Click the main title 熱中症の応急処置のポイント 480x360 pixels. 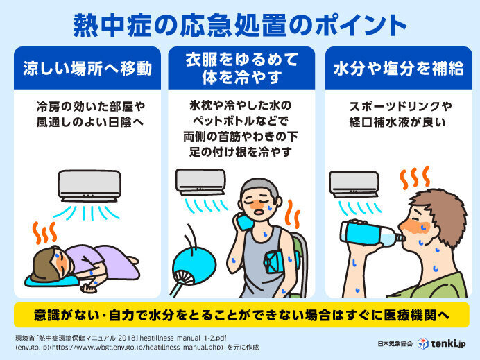[240, 24]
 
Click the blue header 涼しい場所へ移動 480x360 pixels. [87, 69]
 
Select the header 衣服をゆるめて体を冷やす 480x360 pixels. [241, 69]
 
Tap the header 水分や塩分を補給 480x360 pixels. [393, 69]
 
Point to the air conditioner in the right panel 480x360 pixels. [354, 184]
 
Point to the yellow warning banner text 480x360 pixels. [240, 314]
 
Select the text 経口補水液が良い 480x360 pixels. [393, 123]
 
